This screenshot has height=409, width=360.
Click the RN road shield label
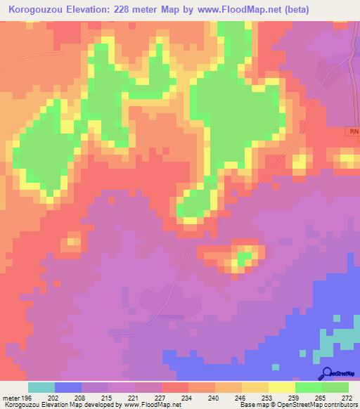tap(353, 131)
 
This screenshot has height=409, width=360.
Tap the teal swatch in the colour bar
tap(41, 387)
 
